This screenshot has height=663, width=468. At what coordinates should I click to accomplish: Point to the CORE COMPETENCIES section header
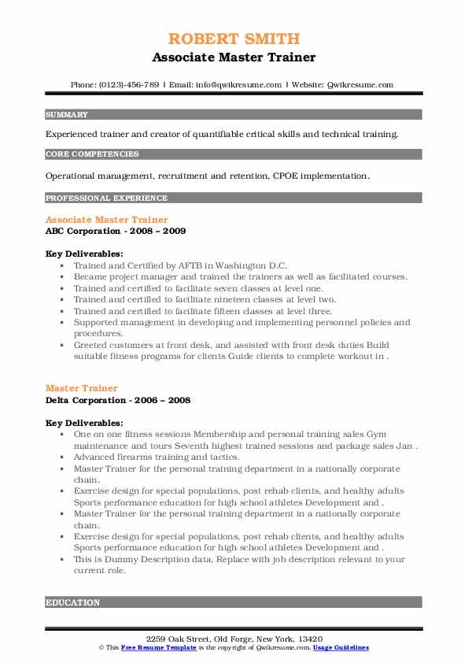click(x=92, y=154)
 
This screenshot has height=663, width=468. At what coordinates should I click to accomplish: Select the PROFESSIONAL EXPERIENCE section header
click(x=106, y=198)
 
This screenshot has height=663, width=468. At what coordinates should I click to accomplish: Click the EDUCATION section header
click(x=73, y=602)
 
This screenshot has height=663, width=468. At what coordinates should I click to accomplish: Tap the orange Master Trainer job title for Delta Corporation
click(x=82, y=388)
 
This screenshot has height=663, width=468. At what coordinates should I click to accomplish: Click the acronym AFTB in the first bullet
click(x=196, y=265)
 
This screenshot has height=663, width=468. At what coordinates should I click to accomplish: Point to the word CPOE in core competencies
click(x=286, y=175)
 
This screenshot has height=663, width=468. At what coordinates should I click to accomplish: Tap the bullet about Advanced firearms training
click(x=157, y=457)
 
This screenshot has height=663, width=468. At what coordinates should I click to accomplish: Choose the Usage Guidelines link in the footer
click(x=340, y=647)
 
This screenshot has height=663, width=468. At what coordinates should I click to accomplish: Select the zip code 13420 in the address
click(x=308, y=638)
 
